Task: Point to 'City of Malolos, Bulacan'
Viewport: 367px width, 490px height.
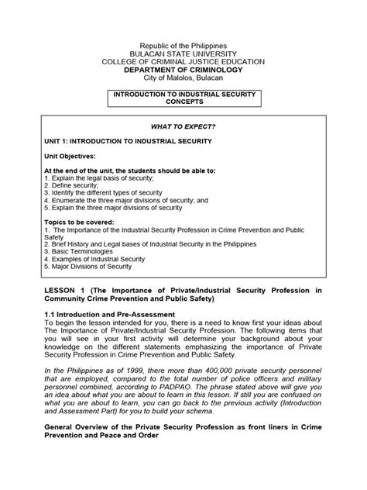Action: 184,79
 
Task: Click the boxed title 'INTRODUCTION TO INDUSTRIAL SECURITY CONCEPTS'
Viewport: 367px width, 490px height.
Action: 184,98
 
